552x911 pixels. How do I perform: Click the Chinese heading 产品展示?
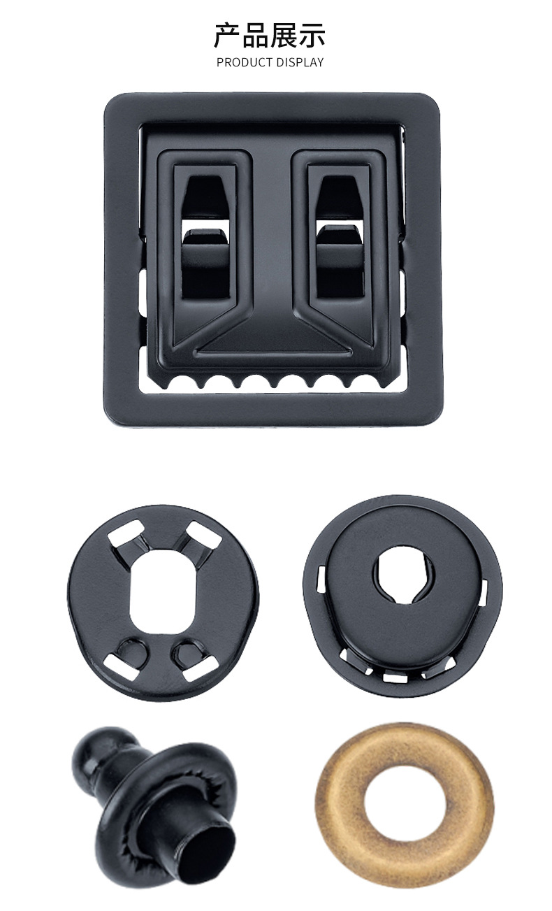pyautogui.click(x=270, y=36)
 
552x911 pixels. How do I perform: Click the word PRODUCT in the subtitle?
pyautogui.click(x=245, y=62)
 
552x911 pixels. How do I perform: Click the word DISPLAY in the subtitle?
pyautogui.click(x=300, y=62)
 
